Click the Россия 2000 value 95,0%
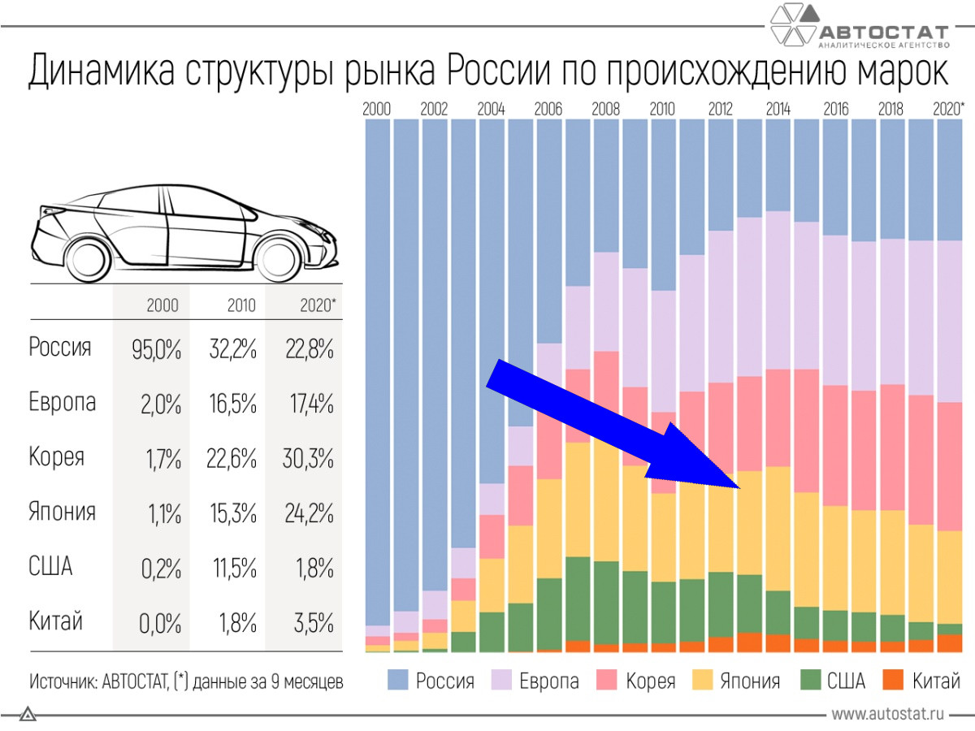tap(156, 350)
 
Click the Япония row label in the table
tap(63, 512)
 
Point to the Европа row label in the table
tap(63, 403)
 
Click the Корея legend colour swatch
tap(607, 681)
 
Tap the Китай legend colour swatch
tap(893, 681)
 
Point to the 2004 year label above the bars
tap(492, 109)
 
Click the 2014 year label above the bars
tap(778, 109)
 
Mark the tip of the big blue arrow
tap(739, 487)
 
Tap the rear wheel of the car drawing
tap(87, 257)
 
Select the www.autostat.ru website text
tap(888, 714)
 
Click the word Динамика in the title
tap(101, 71)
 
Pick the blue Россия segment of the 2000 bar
tap(378, 365)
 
